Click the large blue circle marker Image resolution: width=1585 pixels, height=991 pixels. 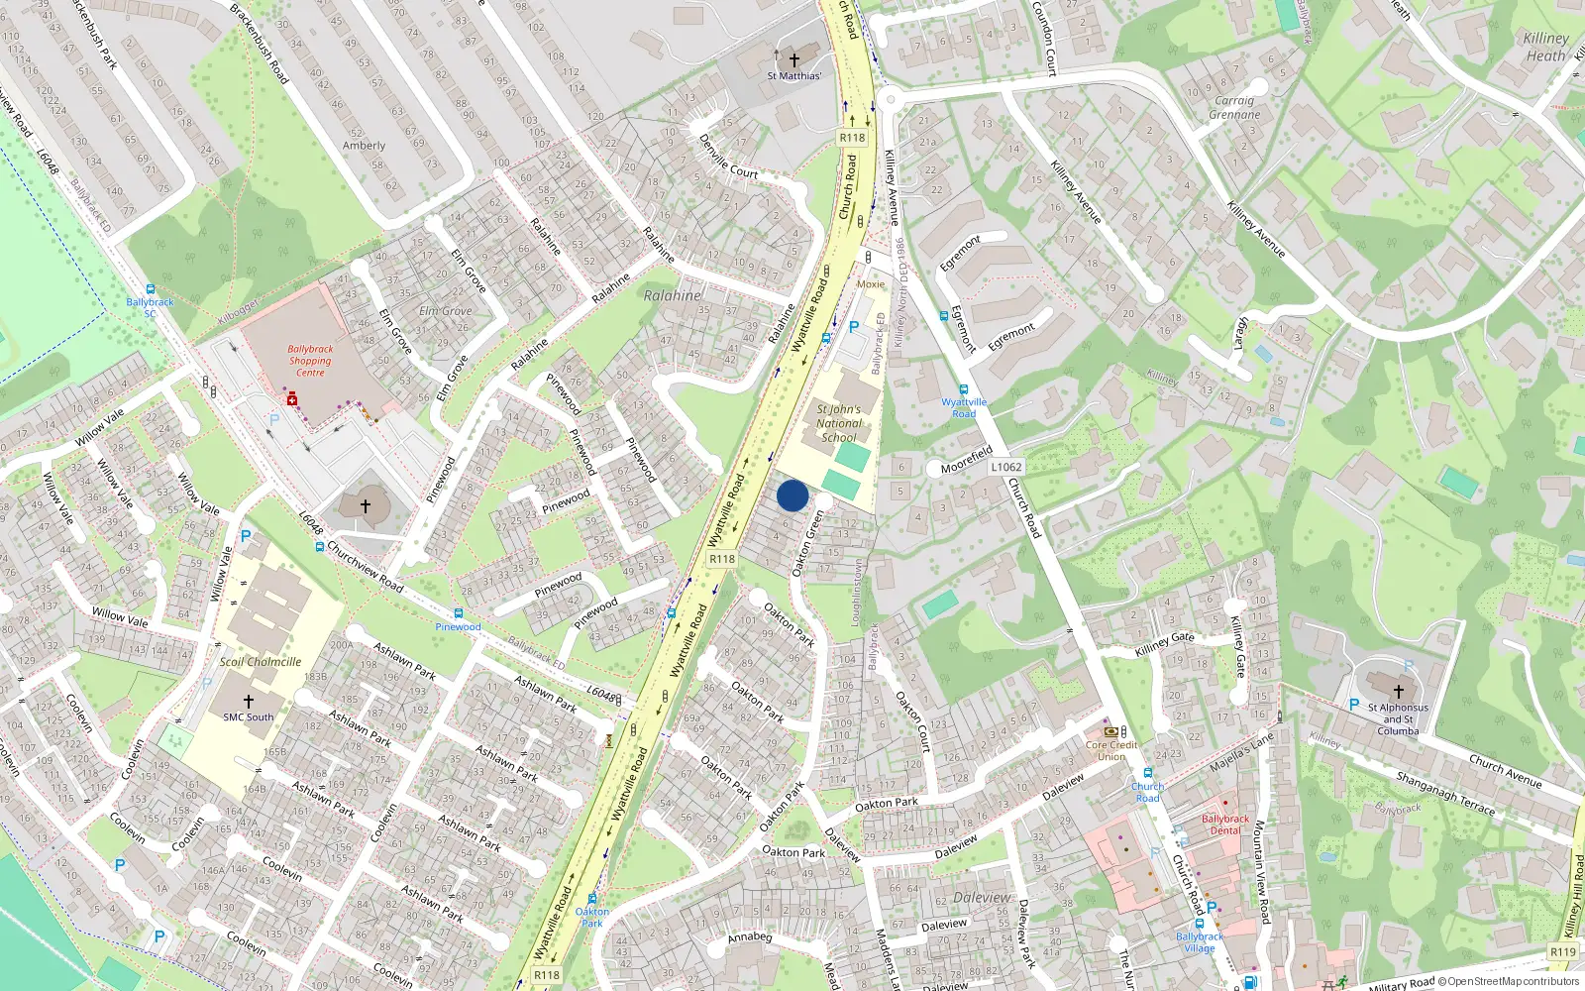coord(792,495)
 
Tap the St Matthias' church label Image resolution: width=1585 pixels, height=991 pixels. coord(793,75)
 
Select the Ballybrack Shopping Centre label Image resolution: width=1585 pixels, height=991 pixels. coord(310,361)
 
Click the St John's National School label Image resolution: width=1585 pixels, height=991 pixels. coord(838,423)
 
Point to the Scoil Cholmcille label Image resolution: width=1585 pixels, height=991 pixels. coord(261,662)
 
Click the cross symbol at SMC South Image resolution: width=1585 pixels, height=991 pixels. coord(248,701)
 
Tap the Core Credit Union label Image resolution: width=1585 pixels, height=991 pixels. coord(1110,750)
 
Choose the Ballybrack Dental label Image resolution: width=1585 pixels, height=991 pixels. coord(1225,825)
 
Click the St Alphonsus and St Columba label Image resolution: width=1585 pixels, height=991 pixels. coord(1398,719)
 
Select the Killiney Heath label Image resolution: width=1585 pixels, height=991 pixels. coord(1545,47)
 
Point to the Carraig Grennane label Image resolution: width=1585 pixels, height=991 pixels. coord(1234,107)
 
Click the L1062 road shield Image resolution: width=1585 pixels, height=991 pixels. coord(1005,467)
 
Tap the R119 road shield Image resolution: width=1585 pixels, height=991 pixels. coord(1562,951)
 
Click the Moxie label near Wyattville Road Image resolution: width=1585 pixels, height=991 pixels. coord(871,284)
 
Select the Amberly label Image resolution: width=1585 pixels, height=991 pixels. coord(364,146)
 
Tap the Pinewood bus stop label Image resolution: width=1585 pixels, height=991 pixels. coord(458,626)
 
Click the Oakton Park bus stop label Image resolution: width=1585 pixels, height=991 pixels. coord(591,917)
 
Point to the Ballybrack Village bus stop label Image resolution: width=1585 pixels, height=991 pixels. coord(1200,942)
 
